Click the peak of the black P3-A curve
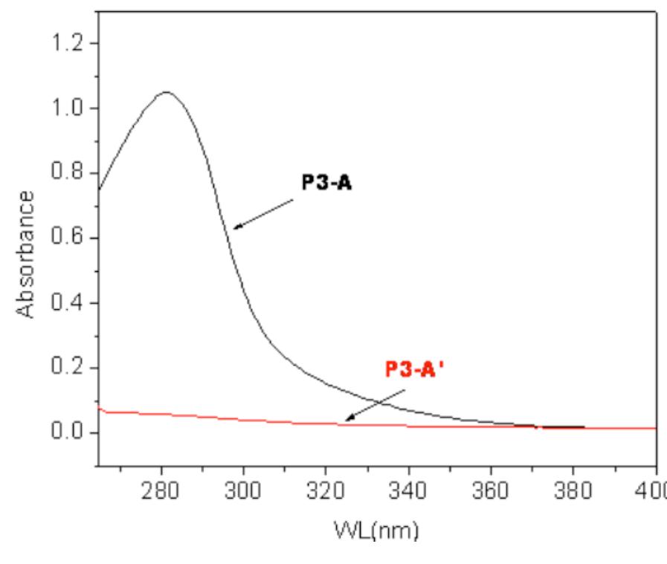point(165,92)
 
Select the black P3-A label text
point(326,184)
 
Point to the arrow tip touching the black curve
point(232,228)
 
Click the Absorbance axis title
point(26,253)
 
